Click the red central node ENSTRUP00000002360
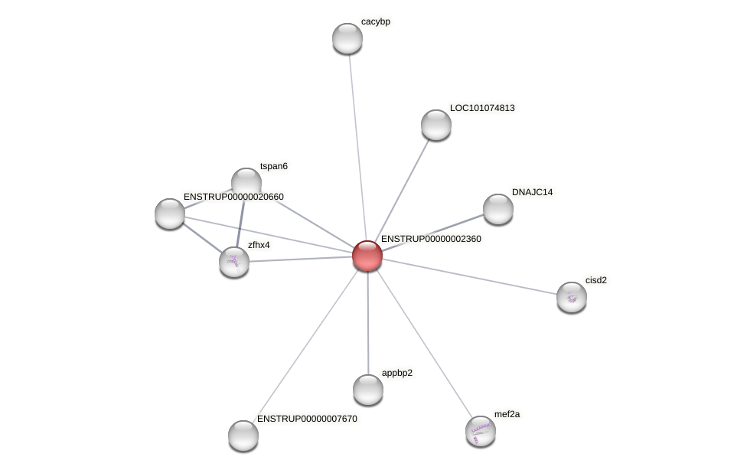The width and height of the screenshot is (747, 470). pos(367,256)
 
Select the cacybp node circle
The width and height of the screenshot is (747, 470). pos(347,38)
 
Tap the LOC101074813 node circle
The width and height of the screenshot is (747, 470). pos(436,125)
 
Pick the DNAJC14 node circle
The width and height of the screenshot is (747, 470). pos(498,209)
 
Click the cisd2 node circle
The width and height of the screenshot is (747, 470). pos(572,297)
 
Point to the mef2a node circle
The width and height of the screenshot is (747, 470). pos(481,431)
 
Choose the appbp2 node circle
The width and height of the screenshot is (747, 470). pos(368,390)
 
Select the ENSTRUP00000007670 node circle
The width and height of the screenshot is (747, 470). pos(243,436)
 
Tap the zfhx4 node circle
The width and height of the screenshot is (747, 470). pos(234,262)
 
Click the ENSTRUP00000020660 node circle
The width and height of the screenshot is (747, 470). pos(170,214)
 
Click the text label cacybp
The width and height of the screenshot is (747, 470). pos(376,21)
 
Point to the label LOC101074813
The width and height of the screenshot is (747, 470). pos(482,108)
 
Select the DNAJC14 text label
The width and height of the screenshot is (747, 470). pos(532,192)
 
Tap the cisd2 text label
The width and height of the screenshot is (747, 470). pos(596,280)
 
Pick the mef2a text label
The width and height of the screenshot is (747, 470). pos(507,414)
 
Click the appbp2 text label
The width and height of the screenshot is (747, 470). pos(397,373)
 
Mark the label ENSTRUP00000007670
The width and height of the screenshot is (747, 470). pos(307,419)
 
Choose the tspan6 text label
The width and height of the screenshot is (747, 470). pos(274,166)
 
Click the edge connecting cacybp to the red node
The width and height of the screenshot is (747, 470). pos(357,145)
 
